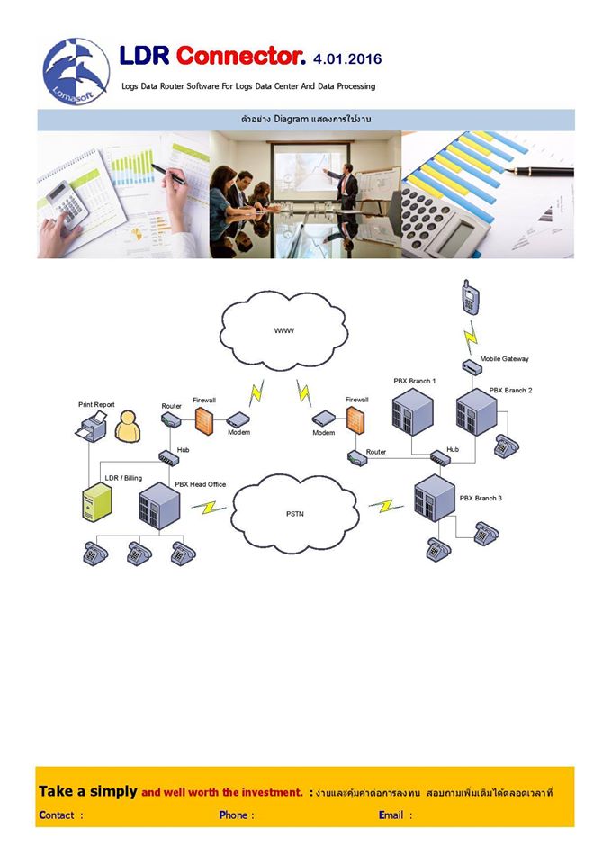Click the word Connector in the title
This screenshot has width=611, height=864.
pos(240,56)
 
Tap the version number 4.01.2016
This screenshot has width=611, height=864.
pos(347,59)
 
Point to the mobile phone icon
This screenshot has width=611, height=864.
pos(468,296)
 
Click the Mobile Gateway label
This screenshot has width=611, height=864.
pos(504,358)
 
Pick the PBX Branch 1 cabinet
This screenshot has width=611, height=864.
pos(413,412)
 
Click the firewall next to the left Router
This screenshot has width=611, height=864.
pos(203,418)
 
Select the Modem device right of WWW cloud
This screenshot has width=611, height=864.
pos(323,418)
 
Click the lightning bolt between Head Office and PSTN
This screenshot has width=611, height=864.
pos(209,508)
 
